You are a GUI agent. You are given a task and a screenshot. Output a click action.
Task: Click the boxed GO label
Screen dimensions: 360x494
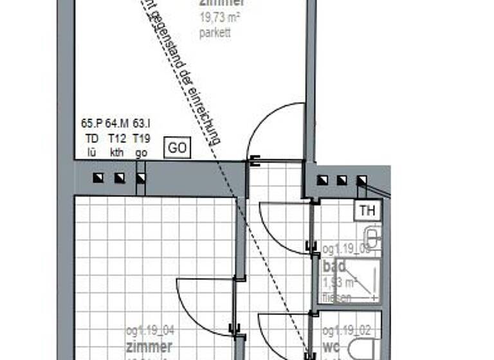click(x=178, y=148)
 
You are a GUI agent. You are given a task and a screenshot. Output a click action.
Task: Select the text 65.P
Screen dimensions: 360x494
click(x=92, y=123)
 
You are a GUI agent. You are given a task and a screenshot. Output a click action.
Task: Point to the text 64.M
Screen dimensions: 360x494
click(x=117, y=123)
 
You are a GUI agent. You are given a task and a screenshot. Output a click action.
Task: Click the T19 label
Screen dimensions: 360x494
click(x=142, y=138)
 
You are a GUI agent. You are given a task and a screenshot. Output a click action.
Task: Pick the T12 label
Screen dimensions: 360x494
click(x=117, y=138)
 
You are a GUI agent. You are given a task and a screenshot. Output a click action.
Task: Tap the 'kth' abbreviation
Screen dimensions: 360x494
click(x=117, y=152)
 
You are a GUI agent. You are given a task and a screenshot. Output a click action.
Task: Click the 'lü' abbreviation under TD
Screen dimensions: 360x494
click(x=92, y=152)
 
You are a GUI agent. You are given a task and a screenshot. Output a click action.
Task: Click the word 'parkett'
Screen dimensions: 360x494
click(x=215, y=33)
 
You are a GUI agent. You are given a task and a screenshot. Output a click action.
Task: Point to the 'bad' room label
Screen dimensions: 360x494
click(x=334, y=266)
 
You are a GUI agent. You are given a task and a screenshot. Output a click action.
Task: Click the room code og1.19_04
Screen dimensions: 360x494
click(x=151, y=331)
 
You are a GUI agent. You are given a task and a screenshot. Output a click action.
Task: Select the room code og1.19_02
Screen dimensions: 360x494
click(x=346, y=331)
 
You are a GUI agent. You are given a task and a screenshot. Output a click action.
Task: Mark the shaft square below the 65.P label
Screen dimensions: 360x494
click(x=98, y=178)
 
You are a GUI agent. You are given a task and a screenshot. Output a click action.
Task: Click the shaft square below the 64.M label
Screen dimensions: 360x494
click(x=119, y=178)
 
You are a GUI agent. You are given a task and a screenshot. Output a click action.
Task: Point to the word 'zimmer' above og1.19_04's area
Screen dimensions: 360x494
click(x=149, y=348)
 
